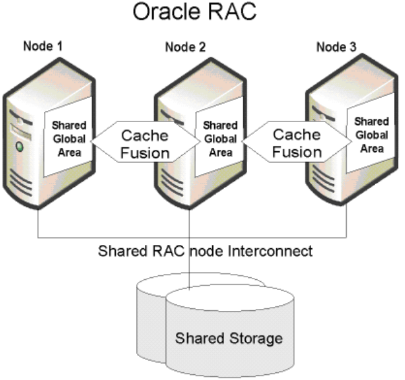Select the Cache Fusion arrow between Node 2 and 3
(296, 143)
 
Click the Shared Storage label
(229, 338)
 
